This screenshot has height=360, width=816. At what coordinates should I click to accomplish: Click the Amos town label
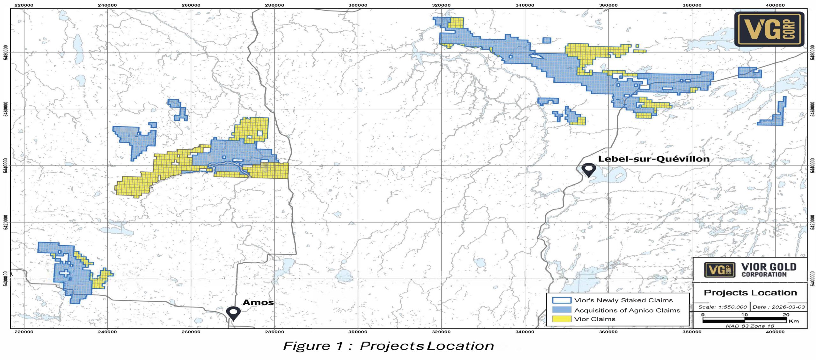click(258, 302)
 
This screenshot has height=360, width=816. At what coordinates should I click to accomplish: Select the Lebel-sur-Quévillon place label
click(653, 159)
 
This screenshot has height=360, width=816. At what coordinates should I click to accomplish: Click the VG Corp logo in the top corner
click(769, 29)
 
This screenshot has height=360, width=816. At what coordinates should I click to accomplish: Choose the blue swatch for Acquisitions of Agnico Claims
click(561, 310)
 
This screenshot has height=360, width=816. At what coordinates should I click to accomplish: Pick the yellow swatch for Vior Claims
click(561, 319)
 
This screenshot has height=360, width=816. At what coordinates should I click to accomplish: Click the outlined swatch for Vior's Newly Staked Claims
click(561, 300)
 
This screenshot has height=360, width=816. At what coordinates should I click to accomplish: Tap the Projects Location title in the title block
click(750, 293)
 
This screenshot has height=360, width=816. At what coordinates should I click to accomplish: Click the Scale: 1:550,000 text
click(722, 307)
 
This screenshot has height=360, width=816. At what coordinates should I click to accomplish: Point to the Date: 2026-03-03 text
click(779, 307)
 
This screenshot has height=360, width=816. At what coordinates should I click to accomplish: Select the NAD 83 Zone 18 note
click(750, 326)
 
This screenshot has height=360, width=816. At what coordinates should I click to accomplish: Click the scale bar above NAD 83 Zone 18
click(744, 319)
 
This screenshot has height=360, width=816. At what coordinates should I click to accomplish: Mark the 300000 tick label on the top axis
click(358, 5)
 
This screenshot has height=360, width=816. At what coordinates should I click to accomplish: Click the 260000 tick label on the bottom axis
click(191, 332)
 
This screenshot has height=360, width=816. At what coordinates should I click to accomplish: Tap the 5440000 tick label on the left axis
click(5, 166)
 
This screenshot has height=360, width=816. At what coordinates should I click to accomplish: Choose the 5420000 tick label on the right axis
click(812, 222)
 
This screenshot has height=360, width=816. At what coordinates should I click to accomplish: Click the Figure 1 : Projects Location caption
click(388, 346)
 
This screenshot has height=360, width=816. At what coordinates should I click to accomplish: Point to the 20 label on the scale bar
click(786, 315)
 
